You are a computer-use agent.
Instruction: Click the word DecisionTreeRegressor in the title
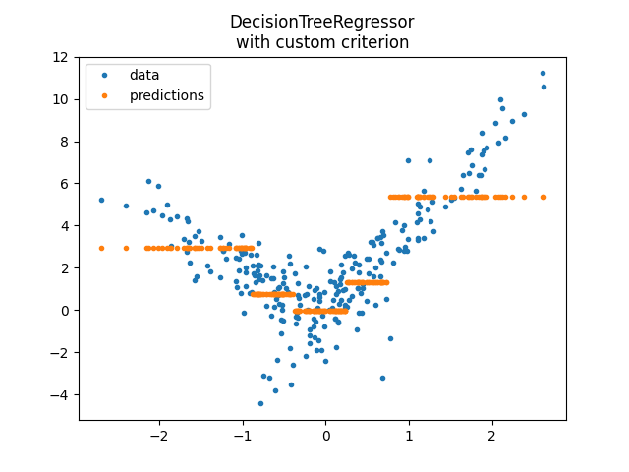click(x=321, y=22)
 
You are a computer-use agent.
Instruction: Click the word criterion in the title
click(x=372, y=42)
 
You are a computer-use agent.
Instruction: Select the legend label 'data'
click(x=144, y=75)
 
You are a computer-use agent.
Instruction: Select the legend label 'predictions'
click(x=167, y=95)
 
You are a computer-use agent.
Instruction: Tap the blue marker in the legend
click(x=105, y=75)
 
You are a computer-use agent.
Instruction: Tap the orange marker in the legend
click(x=105, y=95)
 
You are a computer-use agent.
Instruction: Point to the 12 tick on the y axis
click(x=65, y=57)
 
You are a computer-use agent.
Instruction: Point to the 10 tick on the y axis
click(x=65, y=99)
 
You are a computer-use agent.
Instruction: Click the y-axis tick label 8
click(x=69, y=142)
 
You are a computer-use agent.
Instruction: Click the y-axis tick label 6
click(x=69, y=184)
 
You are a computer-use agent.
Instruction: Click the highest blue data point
click(x=543, y=73)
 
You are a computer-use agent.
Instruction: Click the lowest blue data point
click(x=260, y=403)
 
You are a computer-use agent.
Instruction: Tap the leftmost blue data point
click(x=101, y=200)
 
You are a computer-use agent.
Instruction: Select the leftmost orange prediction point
click(x=101, y=248)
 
